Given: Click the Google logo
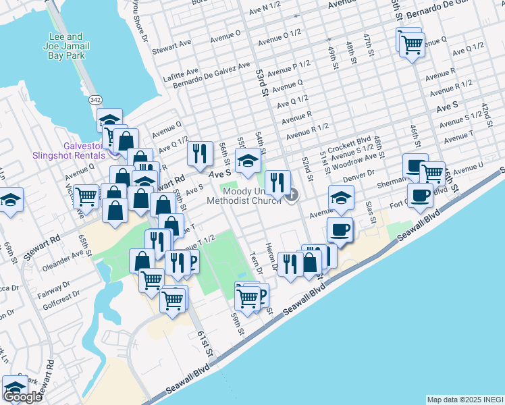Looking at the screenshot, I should [22, 397].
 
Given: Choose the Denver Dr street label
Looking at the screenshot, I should [358, 175].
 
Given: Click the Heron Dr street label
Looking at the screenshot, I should [271, 256].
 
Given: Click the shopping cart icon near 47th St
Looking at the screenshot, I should [411, 45].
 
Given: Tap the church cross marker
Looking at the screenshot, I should [292, 196].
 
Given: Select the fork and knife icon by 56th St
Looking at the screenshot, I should [199, 154].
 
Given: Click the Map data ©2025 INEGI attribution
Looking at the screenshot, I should [465, 400].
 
